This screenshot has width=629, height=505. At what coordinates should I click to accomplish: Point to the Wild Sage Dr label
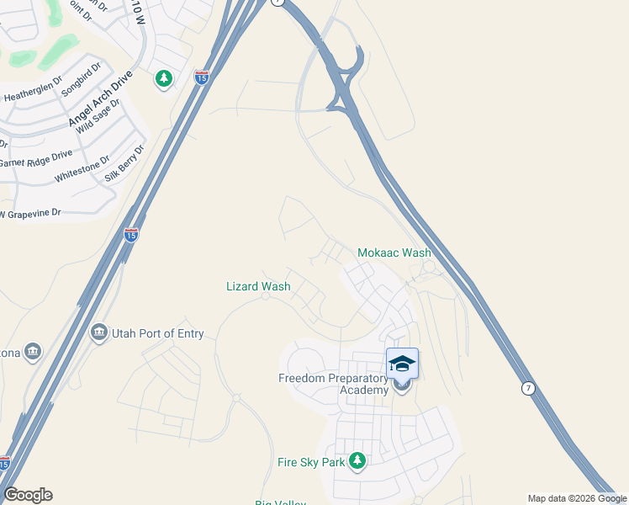(x=98, y=117)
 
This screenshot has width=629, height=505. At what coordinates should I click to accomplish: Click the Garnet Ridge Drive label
(x=36, y=158)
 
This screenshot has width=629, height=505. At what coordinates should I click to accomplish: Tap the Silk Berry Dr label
(x=125, y=163)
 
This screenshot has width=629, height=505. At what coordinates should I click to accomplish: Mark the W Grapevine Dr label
(x=31, y=214)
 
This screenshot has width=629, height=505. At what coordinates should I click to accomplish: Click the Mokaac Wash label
(x=394, y=252)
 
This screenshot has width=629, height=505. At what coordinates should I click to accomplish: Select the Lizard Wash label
(x=258, y=286)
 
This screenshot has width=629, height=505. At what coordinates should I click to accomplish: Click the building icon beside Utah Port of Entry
(x=99, y=333)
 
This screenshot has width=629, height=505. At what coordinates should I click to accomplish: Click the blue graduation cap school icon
(x=402, y=363)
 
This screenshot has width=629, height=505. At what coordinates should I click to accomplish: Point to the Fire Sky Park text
(x=311, y=461)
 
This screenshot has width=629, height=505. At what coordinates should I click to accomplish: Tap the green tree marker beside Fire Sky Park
(x=357, y=460)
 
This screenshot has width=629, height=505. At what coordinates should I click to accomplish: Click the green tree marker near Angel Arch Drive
(x=163, y=80)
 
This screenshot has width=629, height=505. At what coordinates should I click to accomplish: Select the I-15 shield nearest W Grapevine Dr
(x=130, y=235)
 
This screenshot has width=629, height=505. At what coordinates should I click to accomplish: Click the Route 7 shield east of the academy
(x=527, y=388)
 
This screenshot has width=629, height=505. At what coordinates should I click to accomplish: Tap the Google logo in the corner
(x=28, y=495)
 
